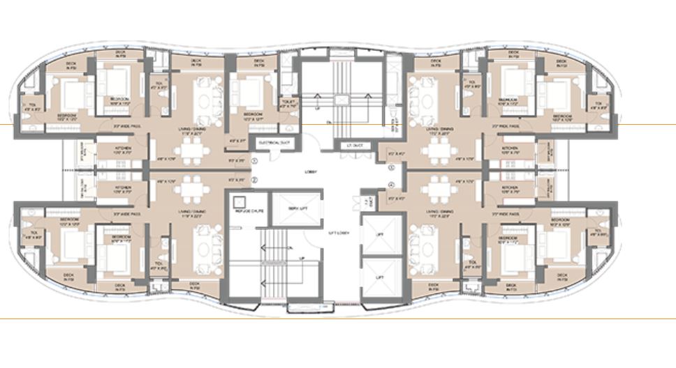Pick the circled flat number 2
(x=255, y=181)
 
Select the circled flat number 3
(x=392, y=167)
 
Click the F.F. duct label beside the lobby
(x=367, y=203)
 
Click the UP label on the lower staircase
(x=302, y=259)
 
